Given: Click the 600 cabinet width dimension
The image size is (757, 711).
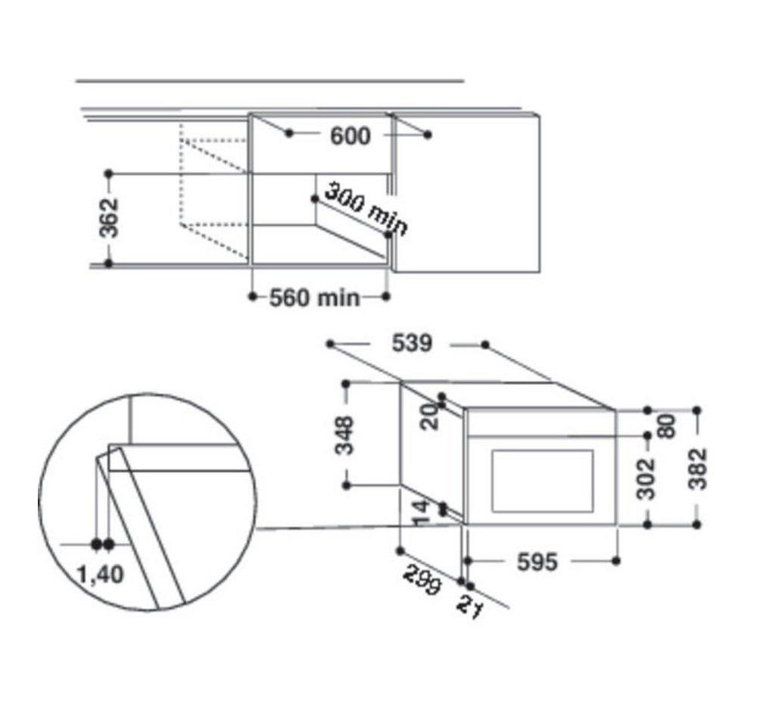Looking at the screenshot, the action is click(350, 136).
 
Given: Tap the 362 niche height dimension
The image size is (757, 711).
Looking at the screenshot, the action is click(108, 218).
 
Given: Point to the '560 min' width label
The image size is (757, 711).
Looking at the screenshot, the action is click(315, 298).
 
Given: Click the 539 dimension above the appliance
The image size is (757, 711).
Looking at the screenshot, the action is click(412, 344).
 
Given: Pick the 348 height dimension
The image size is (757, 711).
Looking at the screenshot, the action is click(344, 435).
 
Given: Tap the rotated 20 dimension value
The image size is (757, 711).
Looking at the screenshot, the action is click(429, 416).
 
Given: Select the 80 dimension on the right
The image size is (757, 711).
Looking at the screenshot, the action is click(667, 426).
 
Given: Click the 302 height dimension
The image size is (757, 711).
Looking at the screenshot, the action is click(646, 479).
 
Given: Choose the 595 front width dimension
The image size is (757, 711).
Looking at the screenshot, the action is click(537, 562).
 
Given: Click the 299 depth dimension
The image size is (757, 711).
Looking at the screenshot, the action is click(422, 579).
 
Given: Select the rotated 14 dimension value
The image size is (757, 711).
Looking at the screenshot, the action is click(420, 513).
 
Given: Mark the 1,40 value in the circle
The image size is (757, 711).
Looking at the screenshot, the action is click(101, 575).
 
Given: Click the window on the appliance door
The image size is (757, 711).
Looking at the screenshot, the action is click(542, 481).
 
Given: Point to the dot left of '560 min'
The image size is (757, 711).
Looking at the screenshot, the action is click(253, 296).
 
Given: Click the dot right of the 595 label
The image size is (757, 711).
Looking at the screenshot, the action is click(615, 561).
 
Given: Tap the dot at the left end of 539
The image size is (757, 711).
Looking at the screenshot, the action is click(330, 344).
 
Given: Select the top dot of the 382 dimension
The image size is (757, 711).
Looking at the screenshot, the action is click(696, 410).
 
